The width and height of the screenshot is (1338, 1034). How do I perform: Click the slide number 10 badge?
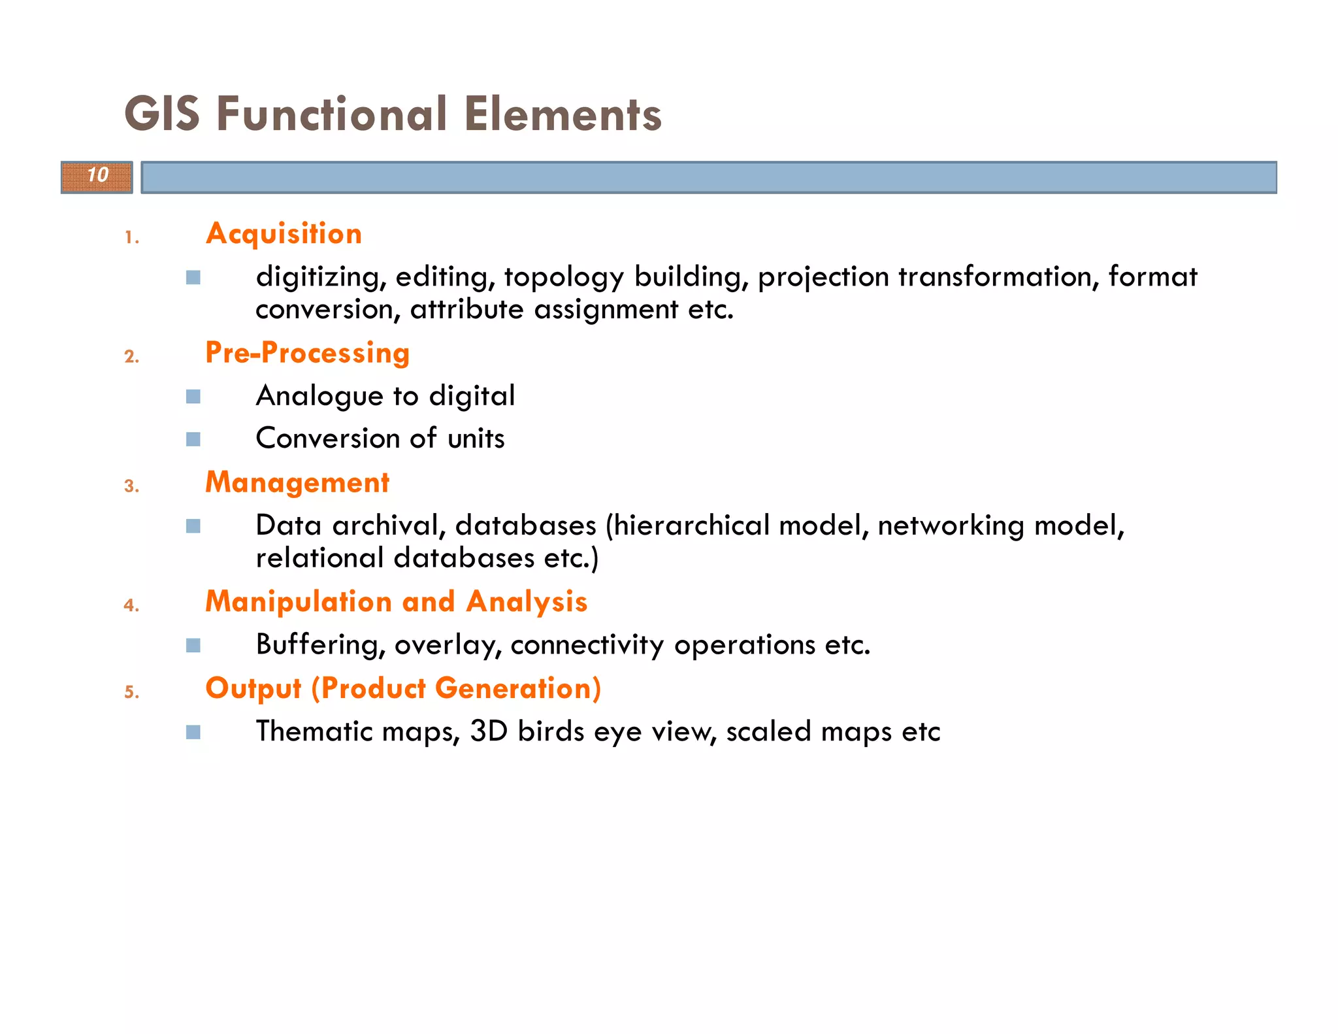(97, 176)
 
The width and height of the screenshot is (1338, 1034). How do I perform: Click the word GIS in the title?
(162, 114)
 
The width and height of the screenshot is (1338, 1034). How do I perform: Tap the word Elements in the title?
(563, 114)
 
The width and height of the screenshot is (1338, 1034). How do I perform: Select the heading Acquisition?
(284, 234)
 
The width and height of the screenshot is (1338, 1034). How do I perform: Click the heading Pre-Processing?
(307, 353)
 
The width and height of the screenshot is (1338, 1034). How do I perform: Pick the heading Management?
(297, 483)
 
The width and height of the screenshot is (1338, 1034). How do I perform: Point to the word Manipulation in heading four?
(298, 602)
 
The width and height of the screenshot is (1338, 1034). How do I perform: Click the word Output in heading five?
(253, 689)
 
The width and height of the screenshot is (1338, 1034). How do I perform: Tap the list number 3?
(131, 487)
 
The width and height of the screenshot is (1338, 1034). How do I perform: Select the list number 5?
(131, 693)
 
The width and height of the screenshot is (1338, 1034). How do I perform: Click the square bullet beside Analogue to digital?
(193, 397)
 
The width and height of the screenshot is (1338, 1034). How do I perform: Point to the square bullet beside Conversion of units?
(193, 439)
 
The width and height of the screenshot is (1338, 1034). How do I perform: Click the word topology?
(563, 278)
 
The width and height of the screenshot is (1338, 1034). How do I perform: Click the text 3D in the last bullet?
(489, 731)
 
